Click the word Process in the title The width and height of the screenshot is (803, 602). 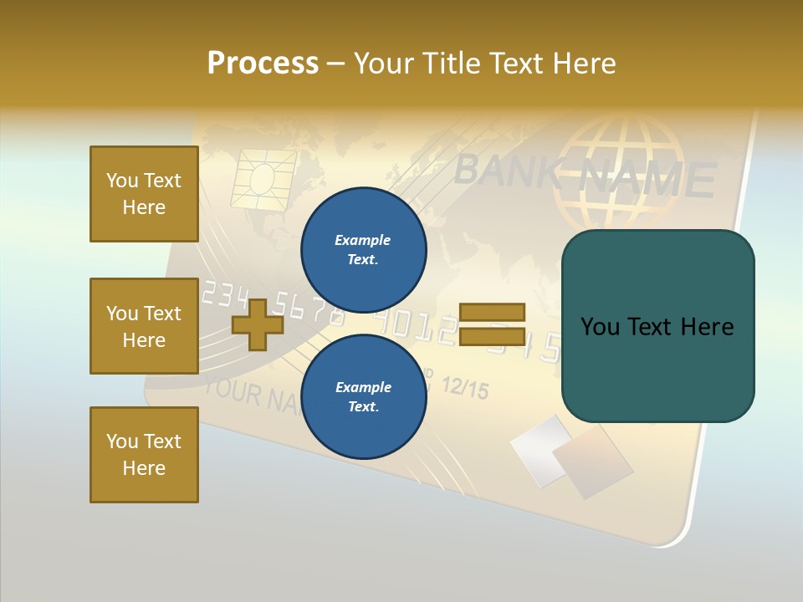(x=263, y=63)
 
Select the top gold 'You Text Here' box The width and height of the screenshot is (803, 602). (x=144, y=194)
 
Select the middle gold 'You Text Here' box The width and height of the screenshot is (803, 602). (x=144, y=326)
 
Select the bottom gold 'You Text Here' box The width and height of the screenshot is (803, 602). (x=144, y=455)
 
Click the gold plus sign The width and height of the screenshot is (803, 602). (x=258, y=324)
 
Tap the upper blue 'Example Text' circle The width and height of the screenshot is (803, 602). (x=363, y=249)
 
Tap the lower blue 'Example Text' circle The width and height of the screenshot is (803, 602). (x=363, y=396)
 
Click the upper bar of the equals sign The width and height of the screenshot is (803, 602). (x=492, y=312)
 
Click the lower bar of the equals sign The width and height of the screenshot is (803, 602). (x=492, y=336)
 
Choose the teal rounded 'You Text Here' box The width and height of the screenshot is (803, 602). (x=657, y=326)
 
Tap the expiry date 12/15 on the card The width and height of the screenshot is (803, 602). (x=463, y=387)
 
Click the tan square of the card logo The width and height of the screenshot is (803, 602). (x=592, y=461)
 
